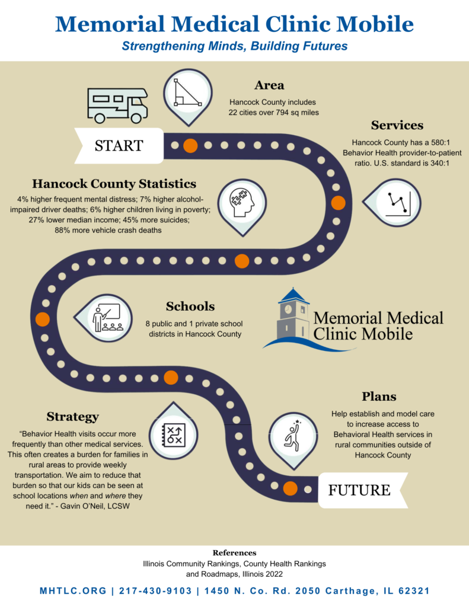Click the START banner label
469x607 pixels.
tap(119, 146)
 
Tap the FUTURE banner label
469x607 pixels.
tap(359, 490)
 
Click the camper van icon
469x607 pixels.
tap(117, 106)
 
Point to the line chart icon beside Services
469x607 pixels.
tap(398, 203)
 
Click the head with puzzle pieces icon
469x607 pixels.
tap(243, 203)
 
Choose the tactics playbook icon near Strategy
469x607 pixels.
tap(174, 435)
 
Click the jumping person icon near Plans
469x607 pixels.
tap(293, 436)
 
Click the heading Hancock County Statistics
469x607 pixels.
tap(114, 184)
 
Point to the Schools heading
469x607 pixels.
tap(190, 306)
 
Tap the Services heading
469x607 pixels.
tap(397, 125)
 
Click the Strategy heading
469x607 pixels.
tap(73, 417)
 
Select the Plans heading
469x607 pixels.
tap(379, 397)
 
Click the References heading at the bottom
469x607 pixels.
tap(234, 553)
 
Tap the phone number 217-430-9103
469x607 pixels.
tap(155, 591)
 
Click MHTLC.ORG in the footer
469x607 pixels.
tap(73, 591)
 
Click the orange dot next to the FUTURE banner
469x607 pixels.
tap(290, 488)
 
